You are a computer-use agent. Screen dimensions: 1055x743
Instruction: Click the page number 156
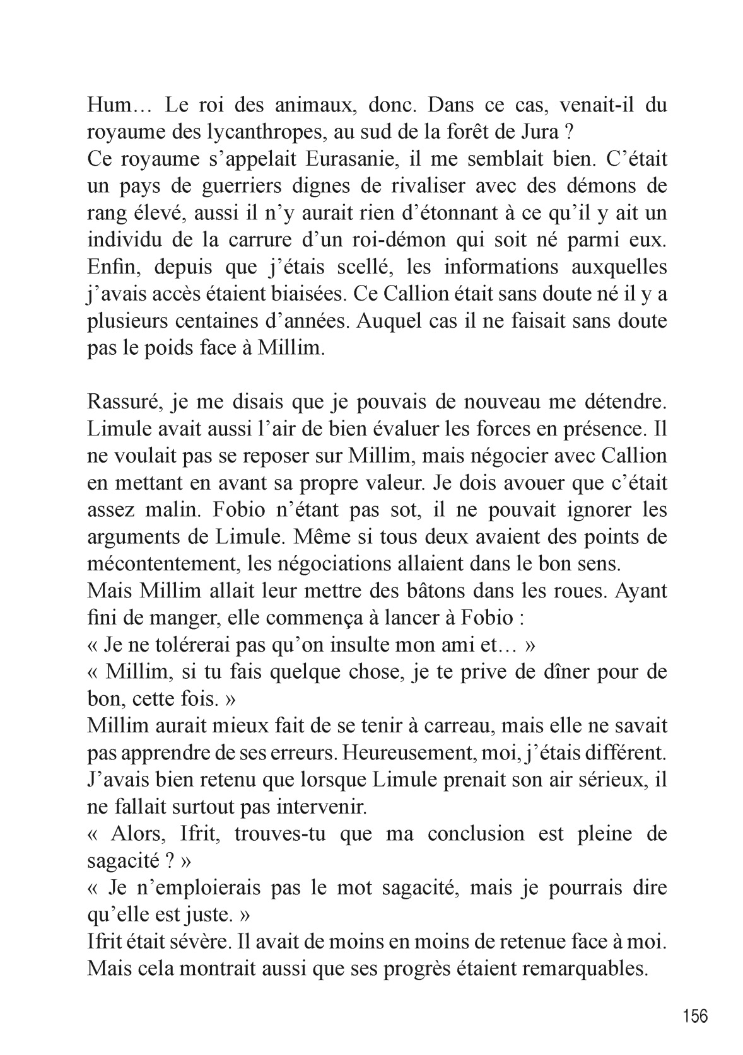point(695,1016)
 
